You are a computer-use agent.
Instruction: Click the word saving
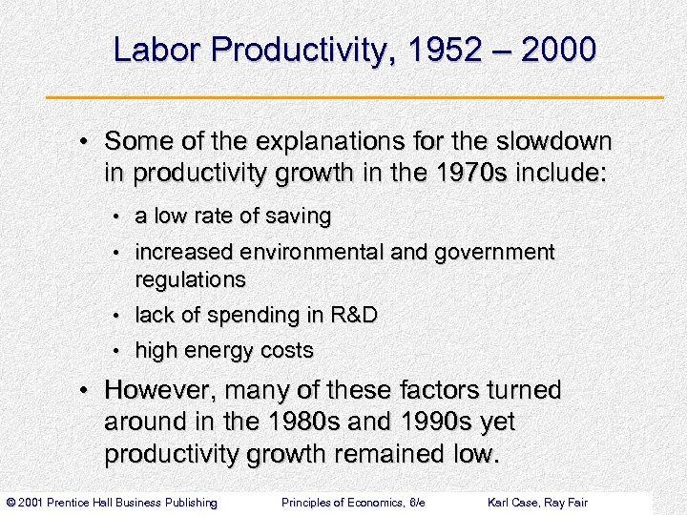[299, 217]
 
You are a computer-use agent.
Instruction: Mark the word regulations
[190, 280]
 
